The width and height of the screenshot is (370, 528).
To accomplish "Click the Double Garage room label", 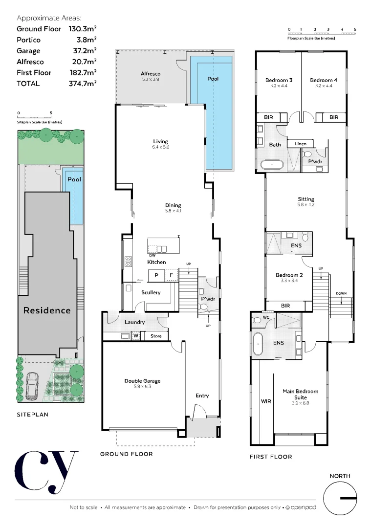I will pos(142,381).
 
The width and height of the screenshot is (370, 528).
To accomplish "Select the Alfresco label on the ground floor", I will pos(151,74).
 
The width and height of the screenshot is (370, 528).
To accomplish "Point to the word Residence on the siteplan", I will pos(47,310).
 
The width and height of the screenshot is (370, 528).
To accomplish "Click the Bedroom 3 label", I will pos(279,80).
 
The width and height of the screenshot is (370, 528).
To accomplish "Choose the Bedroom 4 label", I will pos(324,80).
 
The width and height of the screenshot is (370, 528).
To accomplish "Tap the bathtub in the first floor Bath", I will pos(271,165).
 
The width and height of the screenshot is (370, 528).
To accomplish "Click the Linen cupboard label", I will pos(300,144).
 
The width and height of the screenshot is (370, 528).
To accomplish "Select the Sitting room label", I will pos(306,199).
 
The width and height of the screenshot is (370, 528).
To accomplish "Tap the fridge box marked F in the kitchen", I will pos(171,276).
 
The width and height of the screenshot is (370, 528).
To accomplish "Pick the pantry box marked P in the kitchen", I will pos(156,276).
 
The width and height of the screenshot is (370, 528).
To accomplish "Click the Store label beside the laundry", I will pos(156,336).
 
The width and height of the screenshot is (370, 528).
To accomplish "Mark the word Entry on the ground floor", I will pos(202,396).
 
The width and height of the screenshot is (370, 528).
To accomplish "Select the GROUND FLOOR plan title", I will pos(126,454).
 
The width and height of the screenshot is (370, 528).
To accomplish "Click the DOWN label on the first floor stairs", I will pos(341,294).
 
